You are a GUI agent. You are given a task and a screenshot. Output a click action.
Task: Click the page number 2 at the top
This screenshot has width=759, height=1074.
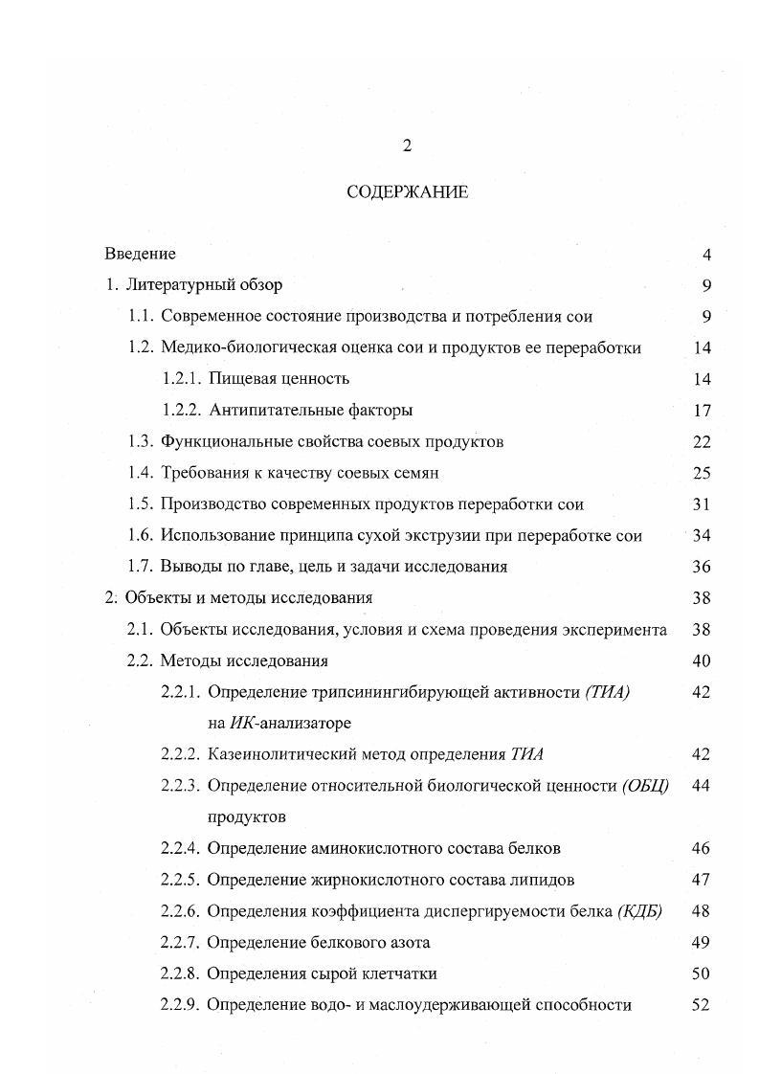coord(406,146)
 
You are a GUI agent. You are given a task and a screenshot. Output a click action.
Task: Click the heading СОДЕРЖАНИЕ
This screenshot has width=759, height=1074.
coord(407,192)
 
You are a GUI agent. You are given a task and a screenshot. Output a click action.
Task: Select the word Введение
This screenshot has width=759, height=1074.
coord(140,254)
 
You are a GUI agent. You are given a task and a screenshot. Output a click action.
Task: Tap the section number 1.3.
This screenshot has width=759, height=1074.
coord(141,441)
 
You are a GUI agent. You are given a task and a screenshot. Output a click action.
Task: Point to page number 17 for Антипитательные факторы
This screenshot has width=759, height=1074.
coord(702,410)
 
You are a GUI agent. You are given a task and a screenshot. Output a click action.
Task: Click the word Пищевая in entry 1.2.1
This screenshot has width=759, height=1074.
coord(239,379)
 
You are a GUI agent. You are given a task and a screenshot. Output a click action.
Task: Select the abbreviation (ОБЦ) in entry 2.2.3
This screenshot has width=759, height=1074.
coord(644,786)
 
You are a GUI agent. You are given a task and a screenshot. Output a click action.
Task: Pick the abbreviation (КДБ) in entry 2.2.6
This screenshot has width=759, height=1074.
coord(640,910)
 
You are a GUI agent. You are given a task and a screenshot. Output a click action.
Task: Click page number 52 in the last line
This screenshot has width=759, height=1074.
coord(700,1004)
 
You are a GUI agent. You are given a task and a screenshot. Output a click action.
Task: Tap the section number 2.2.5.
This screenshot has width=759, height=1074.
coord(180,879)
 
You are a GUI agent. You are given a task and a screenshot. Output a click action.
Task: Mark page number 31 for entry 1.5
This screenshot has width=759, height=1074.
coord(702,503)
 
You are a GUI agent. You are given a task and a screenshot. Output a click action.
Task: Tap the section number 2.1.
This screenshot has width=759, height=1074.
coord(141,629)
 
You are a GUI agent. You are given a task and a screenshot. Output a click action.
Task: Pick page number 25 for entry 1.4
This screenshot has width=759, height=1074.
coord(702,473)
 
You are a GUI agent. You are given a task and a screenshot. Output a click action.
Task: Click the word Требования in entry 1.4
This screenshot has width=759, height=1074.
coord(203,473)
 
